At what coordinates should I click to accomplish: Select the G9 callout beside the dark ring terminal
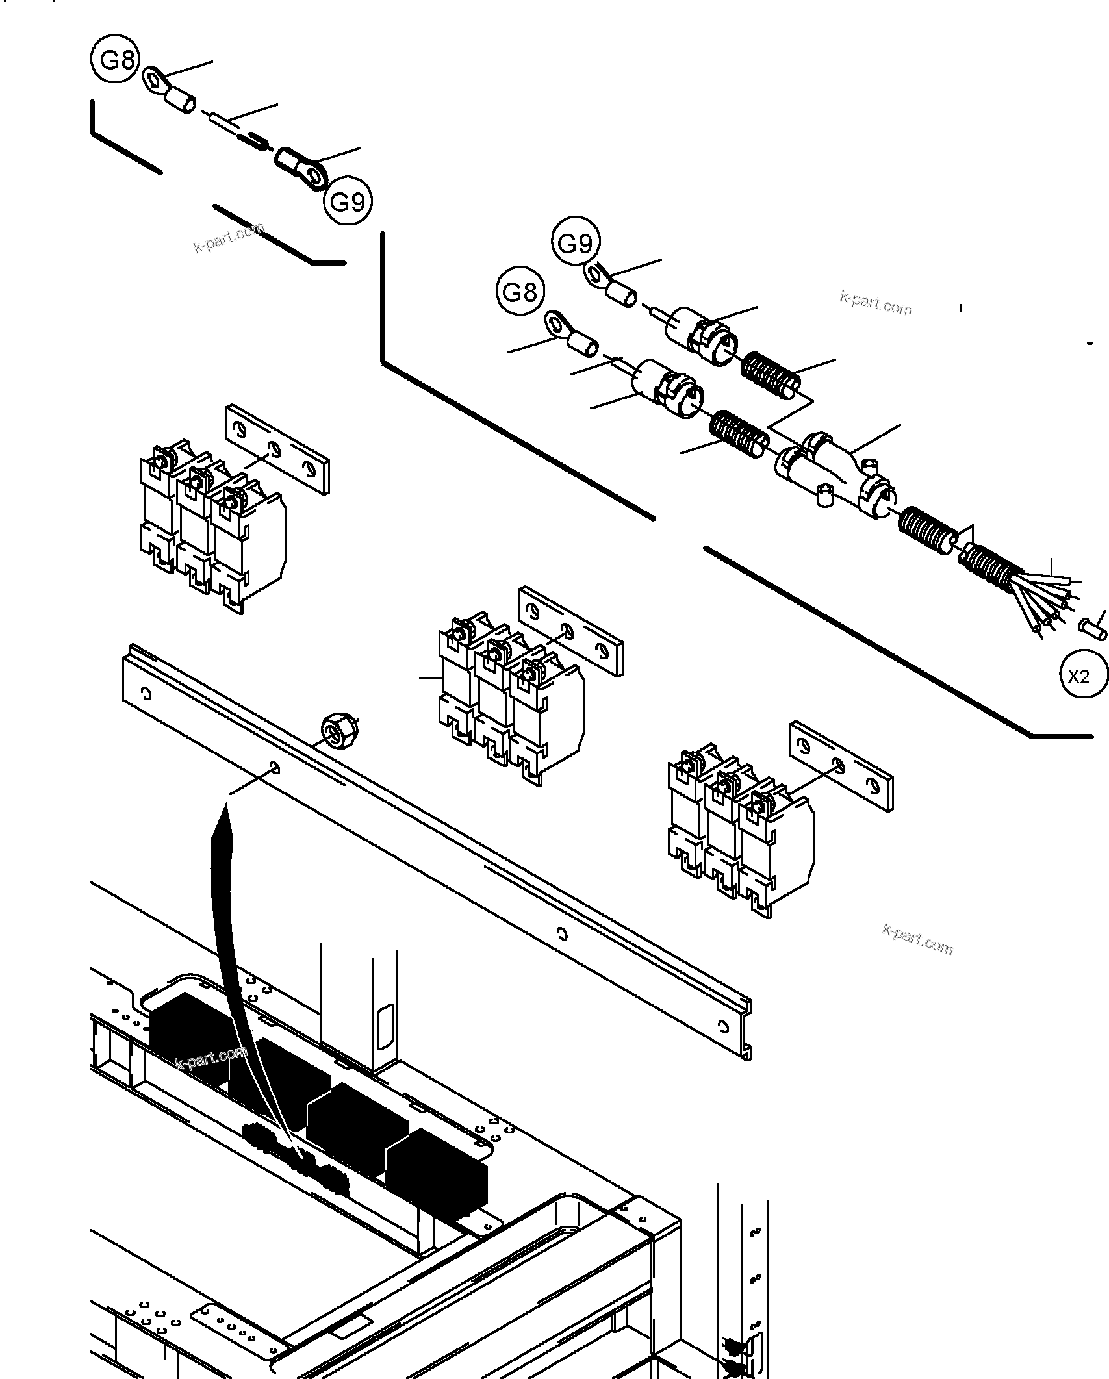(348, 201)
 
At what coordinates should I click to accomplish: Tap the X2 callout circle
(1078, 677)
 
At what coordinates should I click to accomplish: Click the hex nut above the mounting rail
(337, 730)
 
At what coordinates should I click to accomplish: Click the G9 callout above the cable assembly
(576, 243)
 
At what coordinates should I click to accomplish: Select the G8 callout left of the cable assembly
(520, 292)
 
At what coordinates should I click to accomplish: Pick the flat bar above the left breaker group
(277, 449)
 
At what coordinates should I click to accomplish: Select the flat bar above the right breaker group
(841, 766)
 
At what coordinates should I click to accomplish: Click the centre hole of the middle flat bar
(567, 629)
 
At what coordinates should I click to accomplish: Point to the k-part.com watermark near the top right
(876, 303)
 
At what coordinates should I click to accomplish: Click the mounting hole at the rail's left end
(147, 694)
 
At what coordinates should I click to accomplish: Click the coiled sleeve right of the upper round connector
(771, 376)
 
